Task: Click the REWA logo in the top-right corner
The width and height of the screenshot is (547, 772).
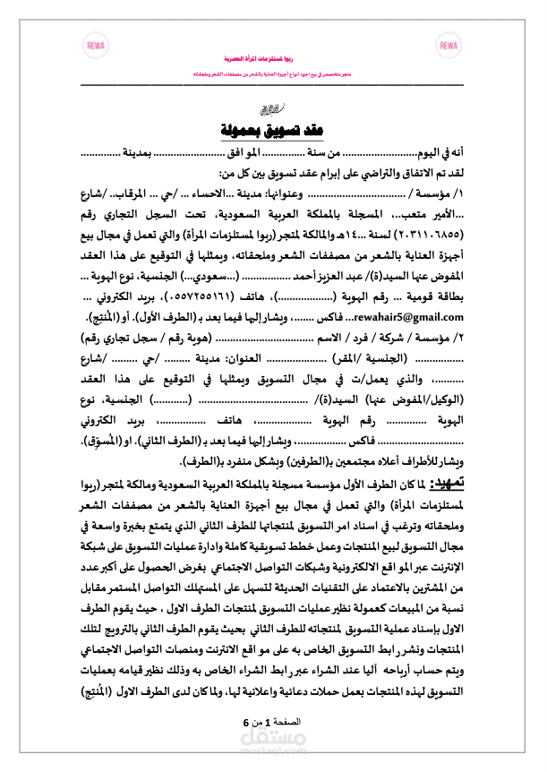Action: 450,45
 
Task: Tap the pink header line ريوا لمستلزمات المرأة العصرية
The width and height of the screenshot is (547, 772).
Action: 273,56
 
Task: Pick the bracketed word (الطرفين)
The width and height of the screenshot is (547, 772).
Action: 288,462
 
